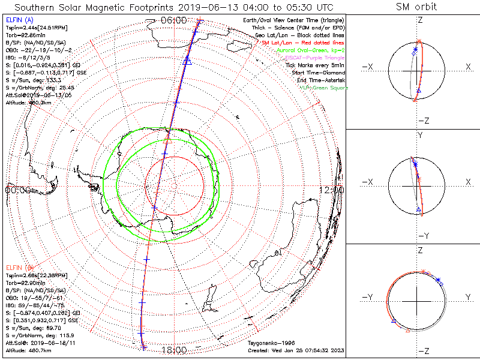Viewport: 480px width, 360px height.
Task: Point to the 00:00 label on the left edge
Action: tap(17, 190)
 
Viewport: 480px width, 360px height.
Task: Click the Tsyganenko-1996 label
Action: tap(268, 343)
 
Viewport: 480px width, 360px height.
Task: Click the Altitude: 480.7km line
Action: tap(28, 349)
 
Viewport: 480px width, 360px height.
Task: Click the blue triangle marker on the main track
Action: tap(187, 59)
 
